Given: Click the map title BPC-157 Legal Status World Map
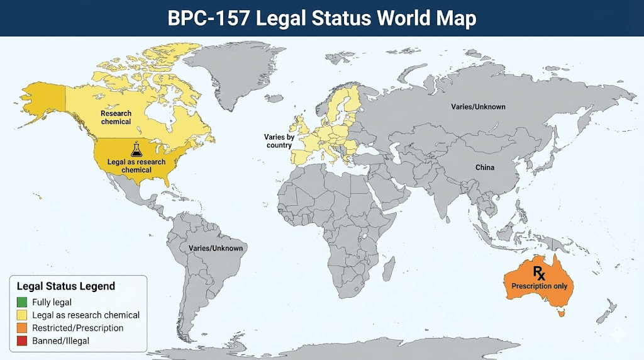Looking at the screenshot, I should click(322, 19).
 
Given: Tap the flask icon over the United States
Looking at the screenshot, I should click(136, 150).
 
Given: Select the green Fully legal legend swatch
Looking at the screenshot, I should click(23, 302).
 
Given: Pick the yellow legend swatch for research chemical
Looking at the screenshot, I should click(23, 315).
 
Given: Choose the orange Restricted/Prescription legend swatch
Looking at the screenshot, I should click(23, 328).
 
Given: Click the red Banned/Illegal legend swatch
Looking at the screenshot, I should click(23, 340).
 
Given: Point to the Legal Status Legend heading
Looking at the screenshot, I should click(66, 286).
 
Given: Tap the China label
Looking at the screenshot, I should click(485, 167).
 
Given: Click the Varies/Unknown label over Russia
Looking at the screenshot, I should click(478, 107).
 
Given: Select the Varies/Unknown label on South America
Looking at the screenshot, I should click(216, 249).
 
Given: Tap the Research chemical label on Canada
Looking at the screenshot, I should click(116, 118).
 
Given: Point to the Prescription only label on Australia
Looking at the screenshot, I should click(538, 286).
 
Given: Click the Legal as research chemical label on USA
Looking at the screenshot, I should click(136, 166).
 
